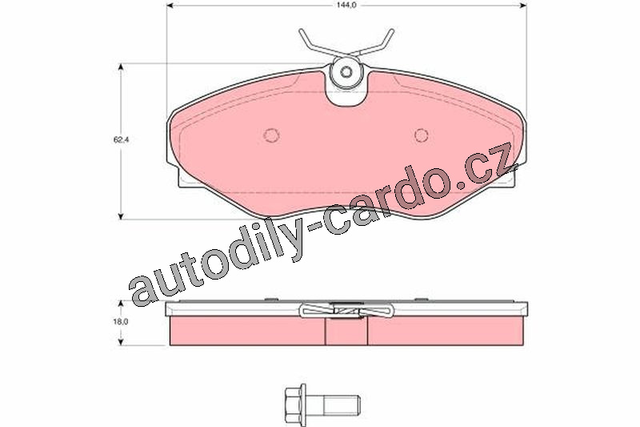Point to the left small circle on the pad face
[x=271, y=135]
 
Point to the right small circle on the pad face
[x=421, y=135]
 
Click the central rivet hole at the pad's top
[x=346, y=72]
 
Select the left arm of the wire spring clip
[x=318, y=43]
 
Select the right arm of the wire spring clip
[x=374, y=43]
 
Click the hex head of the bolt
[x=294, y=398]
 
